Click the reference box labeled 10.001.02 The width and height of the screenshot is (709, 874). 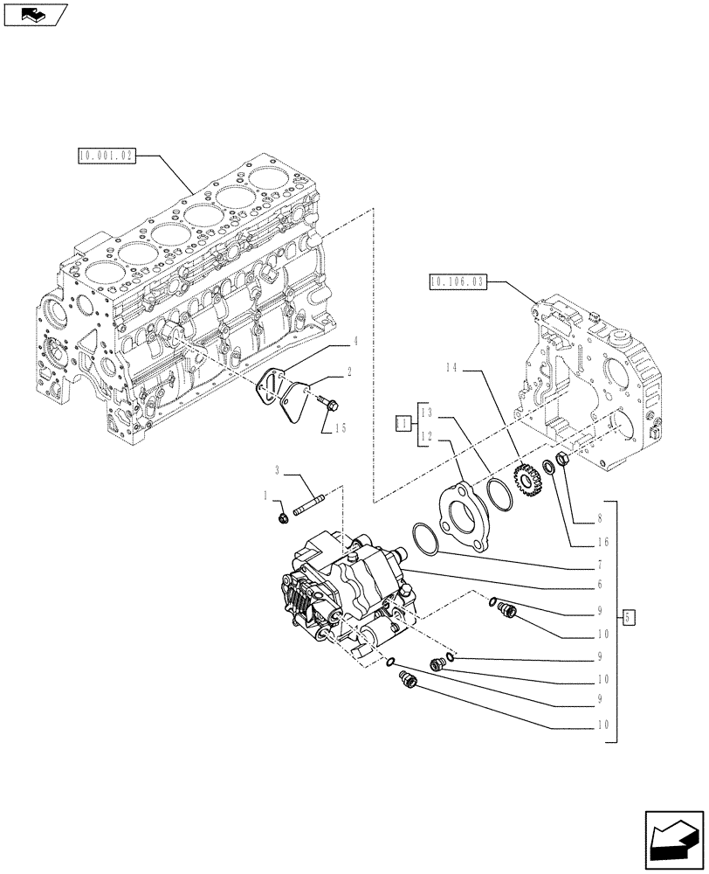(x=105, y=157)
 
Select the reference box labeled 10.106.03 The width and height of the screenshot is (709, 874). (x=457, y=281)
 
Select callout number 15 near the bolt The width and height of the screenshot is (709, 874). (x=340, y=428)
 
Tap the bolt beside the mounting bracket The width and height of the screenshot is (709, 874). (x=331, y=403)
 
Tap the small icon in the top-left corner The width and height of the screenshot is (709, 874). (x=36, y=14)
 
